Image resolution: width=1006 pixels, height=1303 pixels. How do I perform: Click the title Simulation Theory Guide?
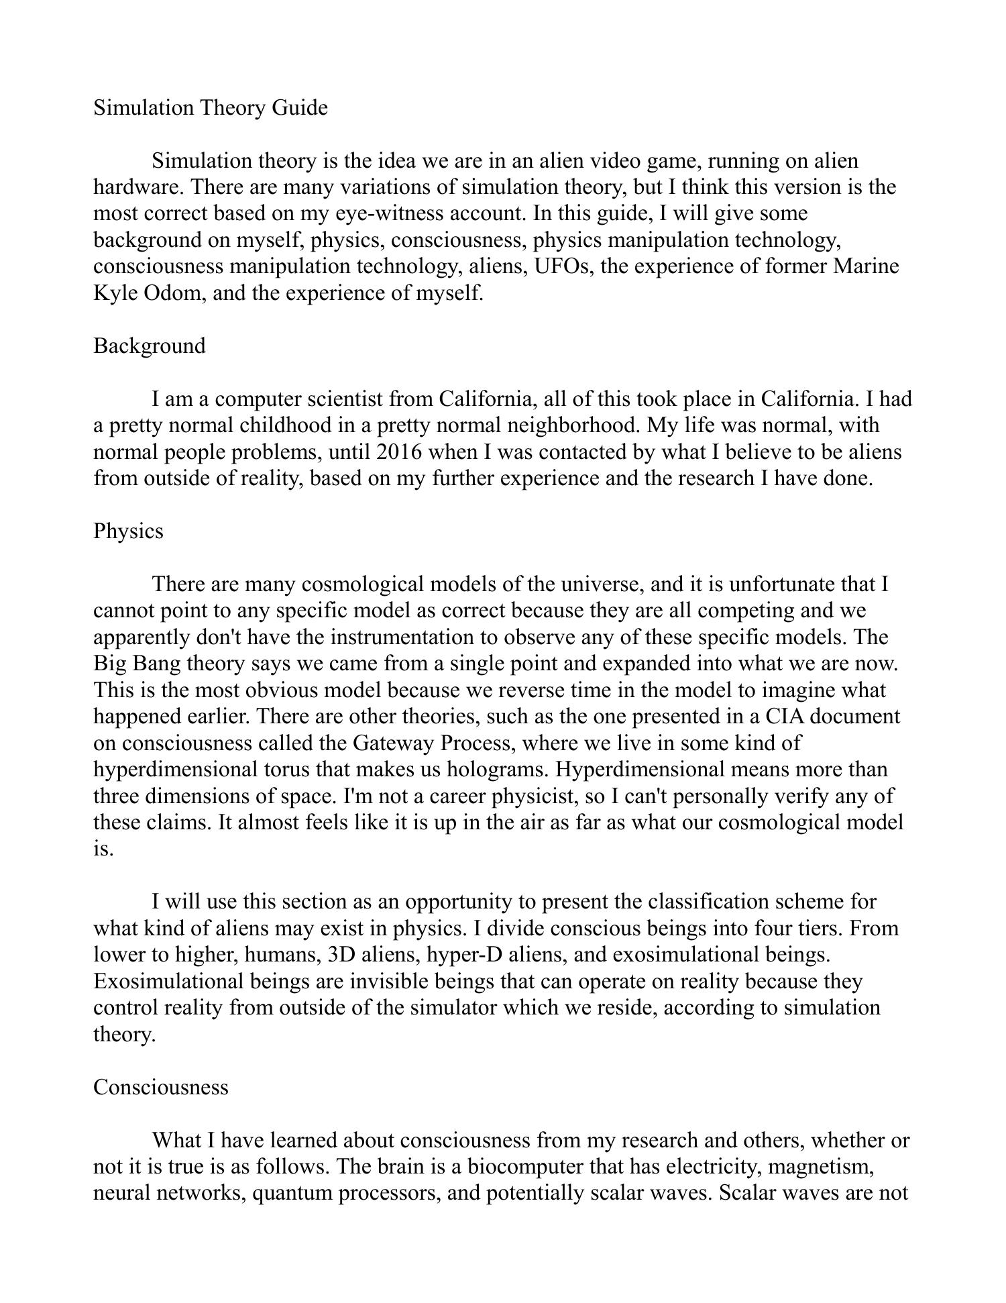point(211,108)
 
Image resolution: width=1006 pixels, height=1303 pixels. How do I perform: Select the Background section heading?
point(150,346)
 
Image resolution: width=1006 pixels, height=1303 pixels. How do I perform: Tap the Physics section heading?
point(128,531)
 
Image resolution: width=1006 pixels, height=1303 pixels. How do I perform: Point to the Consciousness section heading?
point(161,1087)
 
